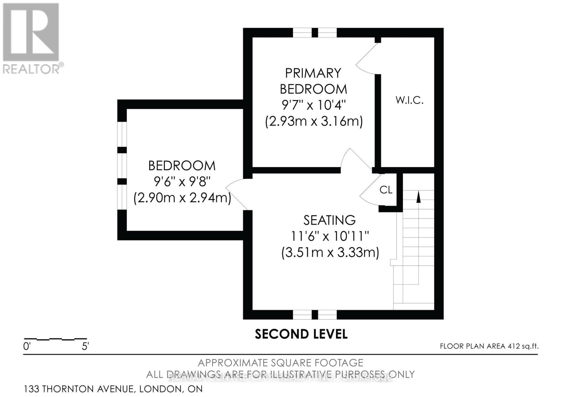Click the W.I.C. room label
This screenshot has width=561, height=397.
[410, 100]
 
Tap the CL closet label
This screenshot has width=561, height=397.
[386, 190]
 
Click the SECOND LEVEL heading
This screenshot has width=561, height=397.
[301, 334]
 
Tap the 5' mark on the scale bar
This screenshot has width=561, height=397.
[85, 346]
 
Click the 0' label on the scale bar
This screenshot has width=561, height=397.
[27, 346]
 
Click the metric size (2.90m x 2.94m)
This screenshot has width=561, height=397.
[182, 198]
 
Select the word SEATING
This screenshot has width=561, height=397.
[329, 220]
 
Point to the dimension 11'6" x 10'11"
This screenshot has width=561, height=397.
[330, 236]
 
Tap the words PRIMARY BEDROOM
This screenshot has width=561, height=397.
[313, 81]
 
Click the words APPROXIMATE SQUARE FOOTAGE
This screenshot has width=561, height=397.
[280, 363]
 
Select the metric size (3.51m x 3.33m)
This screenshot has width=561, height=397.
[330, 252]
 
